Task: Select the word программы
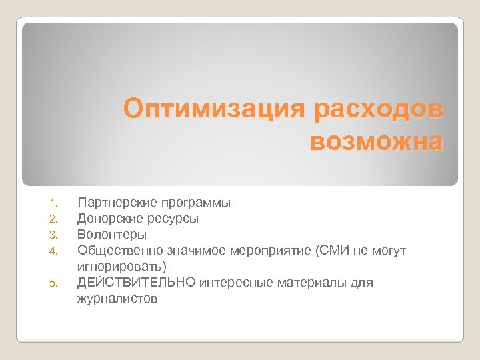coord(192,201)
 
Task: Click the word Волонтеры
coord(112,234)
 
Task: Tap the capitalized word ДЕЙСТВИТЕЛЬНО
coord(137,283)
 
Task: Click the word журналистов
coord(118,299)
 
